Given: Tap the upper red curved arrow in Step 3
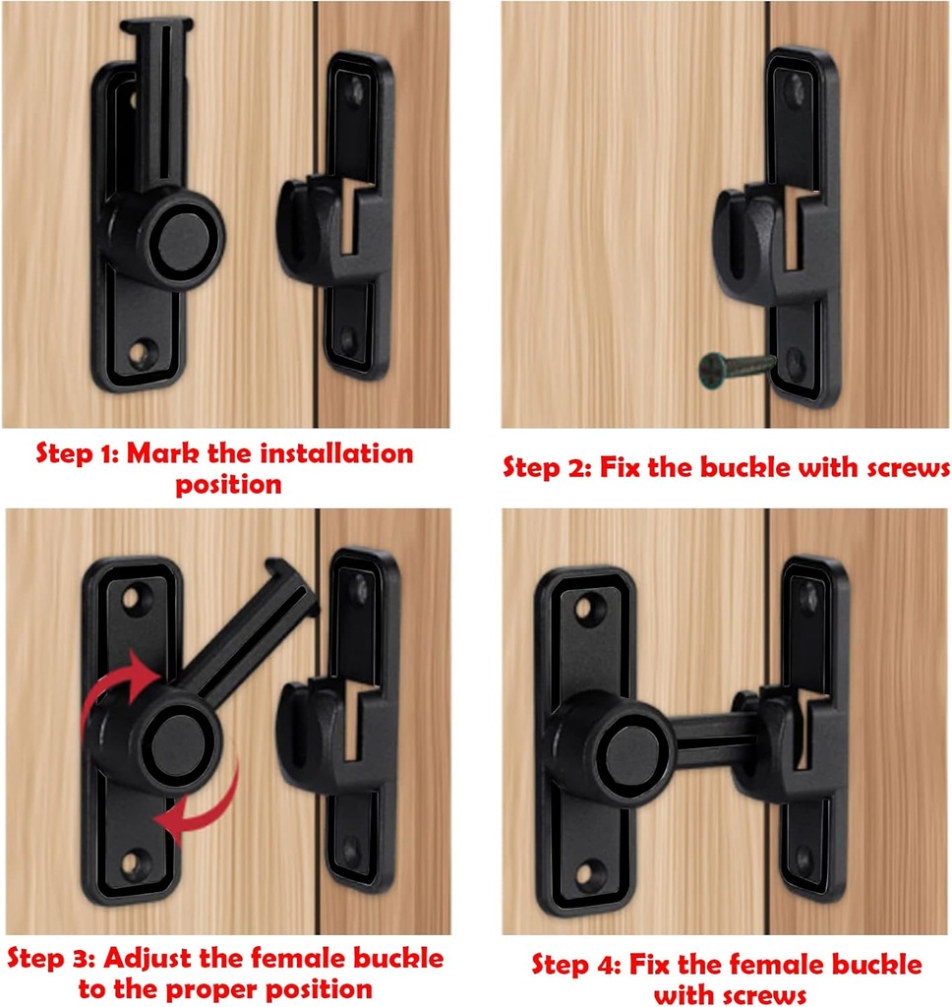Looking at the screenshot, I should point(116,685).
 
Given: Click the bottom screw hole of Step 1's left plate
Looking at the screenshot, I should point(145,351).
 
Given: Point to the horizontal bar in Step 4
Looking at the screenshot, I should point(710,734).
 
